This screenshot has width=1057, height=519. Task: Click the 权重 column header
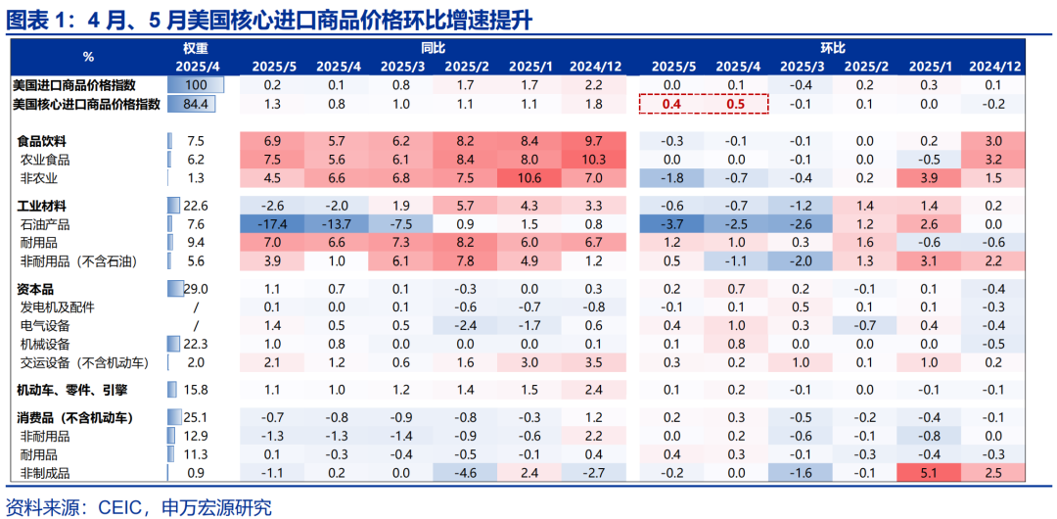pos(196,47)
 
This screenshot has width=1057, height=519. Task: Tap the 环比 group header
pos(832,47)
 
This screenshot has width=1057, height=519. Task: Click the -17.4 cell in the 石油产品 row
pos(273,223)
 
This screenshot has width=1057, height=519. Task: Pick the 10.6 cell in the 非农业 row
pos(529,177)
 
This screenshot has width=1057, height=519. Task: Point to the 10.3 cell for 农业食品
pos(594,159)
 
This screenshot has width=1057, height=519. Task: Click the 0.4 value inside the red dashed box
pos(671,104)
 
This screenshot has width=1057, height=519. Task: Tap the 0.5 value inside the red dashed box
pos(736,104)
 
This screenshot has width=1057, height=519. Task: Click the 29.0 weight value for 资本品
pos(196,289)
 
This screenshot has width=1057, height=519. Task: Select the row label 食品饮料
pos(44,141)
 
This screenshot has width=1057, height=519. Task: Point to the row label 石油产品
pos(45,223)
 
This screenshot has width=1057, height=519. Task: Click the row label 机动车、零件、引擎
pos(73,389)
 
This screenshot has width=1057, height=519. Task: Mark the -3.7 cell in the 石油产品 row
pos(671,223)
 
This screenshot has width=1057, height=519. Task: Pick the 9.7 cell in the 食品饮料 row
pos(594,141)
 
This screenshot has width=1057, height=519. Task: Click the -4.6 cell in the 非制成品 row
pos(465,473)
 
